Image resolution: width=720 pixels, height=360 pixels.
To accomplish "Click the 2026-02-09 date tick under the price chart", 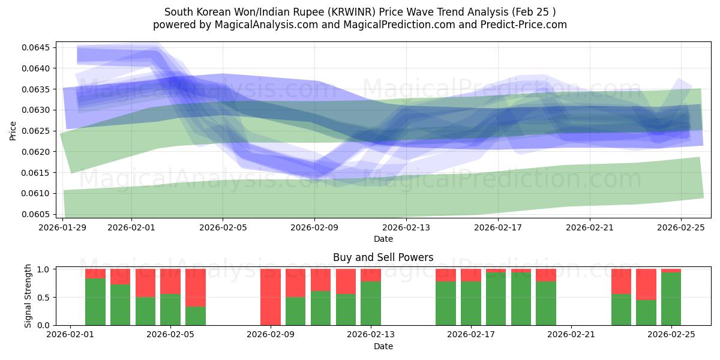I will (x=314, y=227).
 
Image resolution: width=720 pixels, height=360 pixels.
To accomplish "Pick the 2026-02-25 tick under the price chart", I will (x=680, y=227).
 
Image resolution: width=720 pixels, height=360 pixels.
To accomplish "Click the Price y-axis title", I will (x=13, y=130).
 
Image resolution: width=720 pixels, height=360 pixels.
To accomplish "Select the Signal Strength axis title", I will (x=28, y=296).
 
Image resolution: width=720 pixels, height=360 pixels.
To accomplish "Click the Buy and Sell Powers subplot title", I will (x=383, y=257).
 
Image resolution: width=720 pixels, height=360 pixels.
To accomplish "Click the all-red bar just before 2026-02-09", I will (x=271, y=297).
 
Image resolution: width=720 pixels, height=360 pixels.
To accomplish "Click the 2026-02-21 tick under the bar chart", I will (x=571, y=334).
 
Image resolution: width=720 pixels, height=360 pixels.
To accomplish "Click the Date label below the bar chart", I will (x=383, y=346).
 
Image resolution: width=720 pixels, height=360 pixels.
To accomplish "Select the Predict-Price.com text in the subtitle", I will (x=521, y=25).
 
